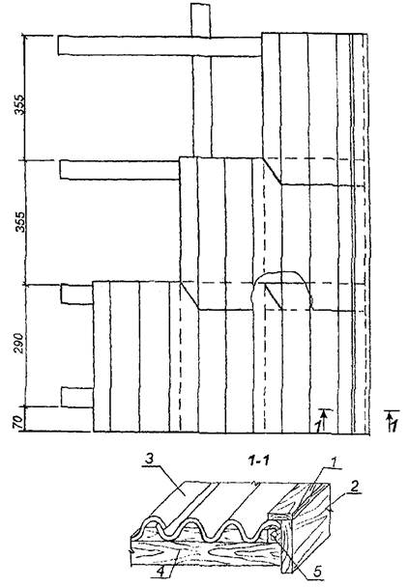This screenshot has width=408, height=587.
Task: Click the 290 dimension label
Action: (18, 343)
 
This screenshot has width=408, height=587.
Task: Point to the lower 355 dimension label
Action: (19, 222)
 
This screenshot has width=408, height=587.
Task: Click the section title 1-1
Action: (258, 461)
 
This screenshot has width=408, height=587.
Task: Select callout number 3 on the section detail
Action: (150, 460)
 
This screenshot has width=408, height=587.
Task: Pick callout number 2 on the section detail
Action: (354, 487)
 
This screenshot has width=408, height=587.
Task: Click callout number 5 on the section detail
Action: (317, 572)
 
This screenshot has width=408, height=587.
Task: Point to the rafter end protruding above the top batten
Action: (201, 20)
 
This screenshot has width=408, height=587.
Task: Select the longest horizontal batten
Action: (160, 46)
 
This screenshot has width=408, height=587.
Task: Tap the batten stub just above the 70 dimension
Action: (77, 398)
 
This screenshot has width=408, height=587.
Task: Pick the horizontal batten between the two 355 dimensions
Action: (120, 170)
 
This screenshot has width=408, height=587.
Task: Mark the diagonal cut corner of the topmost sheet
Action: (273, 171)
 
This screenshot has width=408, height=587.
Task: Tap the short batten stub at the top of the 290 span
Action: (77, 293)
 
